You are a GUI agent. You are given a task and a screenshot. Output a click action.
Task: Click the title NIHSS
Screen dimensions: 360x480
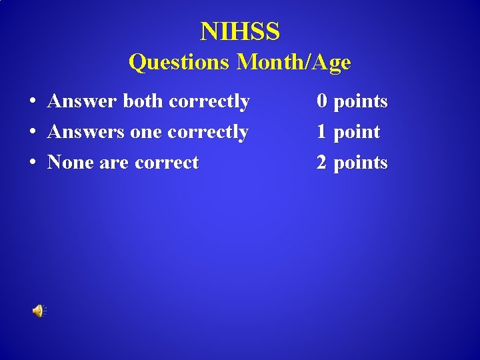(x=240, y=31)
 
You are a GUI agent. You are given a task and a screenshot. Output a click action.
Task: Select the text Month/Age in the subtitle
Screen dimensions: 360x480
(x=294, y=62)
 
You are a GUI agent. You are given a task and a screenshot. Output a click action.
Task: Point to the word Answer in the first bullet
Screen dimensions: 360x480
(x=83, y=101)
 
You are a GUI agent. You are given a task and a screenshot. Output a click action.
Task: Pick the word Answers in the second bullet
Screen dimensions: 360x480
(x=86, y=132)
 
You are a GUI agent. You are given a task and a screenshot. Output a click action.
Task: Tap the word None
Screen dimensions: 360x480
(x=71, y=163)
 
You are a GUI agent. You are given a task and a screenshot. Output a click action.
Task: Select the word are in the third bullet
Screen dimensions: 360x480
(x=114, y=163)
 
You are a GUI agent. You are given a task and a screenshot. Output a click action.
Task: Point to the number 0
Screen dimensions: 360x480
(x=322, y=101)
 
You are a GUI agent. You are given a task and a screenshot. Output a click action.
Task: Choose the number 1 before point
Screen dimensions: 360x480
(x=322, y=132)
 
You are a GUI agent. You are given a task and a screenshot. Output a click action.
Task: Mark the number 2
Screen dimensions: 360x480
(x=322, y=163)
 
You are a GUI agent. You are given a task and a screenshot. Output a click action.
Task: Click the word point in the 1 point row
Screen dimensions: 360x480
(x=357, y=132)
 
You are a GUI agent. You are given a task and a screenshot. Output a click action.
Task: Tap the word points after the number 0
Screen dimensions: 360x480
(x=361, y=101)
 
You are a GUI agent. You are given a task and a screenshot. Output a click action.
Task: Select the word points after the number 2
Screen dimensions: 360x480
(x=361, y=163)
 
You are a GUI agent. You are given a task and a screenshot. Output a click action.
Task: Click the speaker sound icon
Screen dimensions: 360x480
(x=39, y=311)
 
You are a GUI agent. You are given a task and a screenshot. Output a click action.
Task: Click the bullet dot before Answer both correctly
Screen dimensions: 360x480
(x=32, y=102)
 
